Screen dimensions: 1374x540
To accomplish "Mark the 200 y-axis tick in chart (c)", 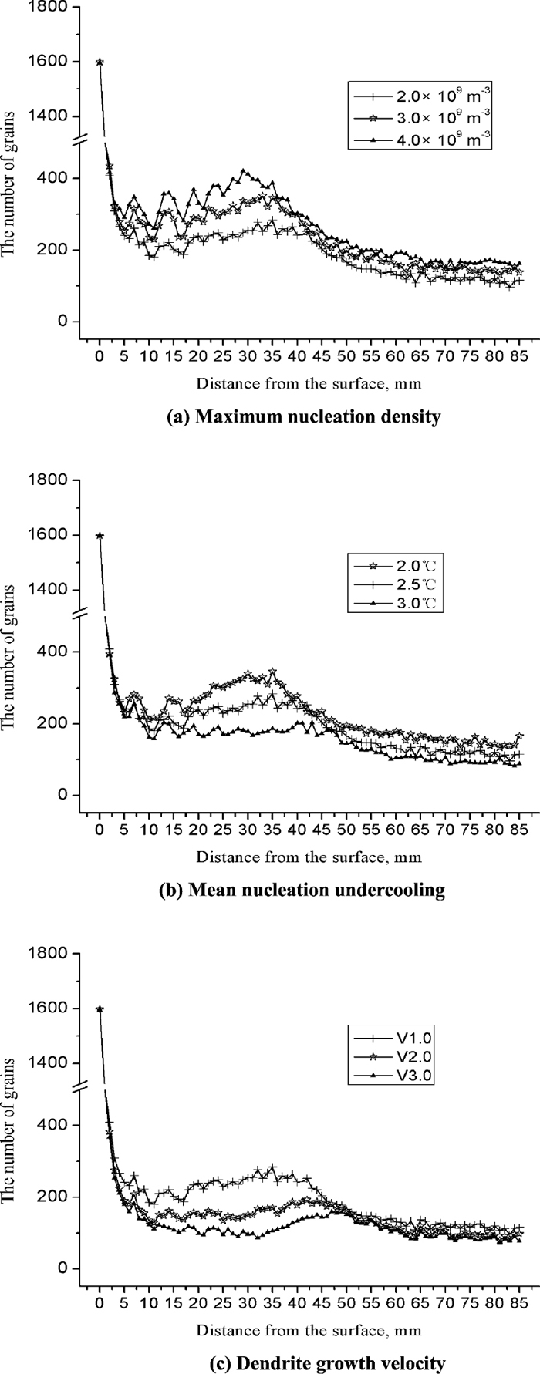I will click(59, 1196).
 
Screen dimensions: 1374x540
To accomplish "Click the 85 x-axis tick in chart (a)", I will click(519, 356).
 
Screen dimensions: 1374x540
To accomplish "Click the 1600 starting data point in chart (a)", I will click(100, 62).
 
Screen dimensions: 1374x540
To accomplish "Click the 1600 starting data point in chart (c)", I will click(100, 1009).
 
